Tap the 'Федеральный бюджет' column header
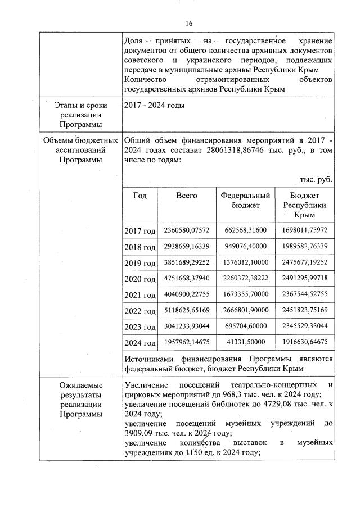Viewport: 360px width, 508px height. [x=245, y=200]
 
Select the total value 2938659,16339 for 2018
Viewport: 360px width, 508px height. [x=186, y=247]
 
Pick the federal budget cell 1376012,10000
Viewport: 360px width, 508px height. [x=245, y=262]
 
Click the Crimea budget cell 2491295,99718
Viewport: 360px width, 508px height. [x=304, y=278]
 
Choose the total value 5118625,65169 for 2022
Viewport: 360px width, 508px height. [x=186, y=310]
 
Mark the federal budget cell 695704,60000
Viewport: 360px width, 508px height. [x=245, y=326]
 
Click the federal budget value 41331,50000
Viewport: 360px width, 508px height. [x=245, y=342]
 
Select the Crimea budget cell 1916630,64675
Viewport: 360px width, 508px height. [x=304, y=342]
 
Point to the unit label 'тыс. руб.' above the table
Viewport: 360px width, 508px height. [x=316, y=179]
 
